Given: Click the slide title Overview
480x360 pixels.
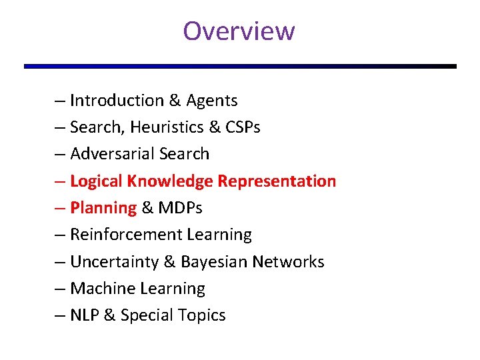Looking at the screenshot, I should tap(239, 31).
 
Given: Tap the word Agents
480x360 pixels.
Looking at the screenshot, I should tap(212, 101).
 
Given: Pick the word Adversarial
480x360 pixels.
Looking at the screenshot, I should tap(110, 154).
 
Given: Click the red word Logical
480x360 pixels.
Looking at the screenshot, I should tap(96, 181).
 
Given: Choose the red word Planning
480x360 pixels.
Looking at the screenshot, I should tap(103, 208).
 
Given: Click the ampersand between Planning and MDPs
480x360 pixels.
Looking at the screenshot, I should tap(147, 208).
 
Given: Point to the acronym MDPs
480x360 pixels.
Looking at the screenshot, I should tap(181, 208).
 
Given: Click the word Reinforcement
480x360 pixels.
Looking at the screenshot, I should tap(126, 235).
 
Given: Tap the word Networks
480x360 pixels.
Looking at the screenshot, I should tap(288, 262).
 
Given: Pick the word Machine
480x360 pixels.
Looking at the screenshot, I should tap(101, 289).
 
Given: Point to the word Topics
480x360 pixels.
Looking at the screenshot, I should tap(202, 315).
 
